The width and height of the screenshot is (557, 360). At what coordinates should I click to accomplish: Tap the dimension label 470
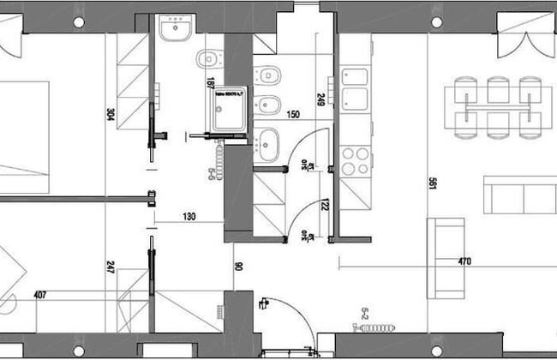pyautogui.click(x=464, y=261)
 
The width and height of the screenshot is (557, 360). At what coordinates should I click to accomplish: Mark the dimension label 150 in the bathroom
pyautogui.click(x=293, y=114)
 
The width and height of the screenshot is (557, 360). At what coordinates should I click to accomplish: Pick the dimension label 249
pyautogui.click(x=320, y=99)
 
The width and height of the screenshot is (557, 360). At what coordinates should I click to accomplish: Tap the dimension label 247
pyautogui.click(x=110, y=267)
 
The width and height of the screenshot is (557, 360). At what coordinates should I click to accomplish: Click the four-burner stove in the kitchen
pyautogui.click(x=355, y=160)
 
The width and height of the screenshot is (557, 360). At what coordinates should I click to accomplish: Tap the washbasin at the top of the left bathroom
pyautogui.click(x=177, y=31)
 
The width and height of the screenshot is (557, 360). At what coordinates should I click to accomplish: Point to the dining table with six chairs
pyautogui.click(x=497, y=106)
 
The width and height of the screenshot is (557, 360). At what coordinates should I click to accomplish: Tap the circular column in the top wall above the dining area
pyautogui.click(x=437, y=21)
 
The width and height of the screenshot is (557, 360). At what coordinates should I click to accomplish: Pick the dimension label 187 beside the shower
pyautogui.click(x=210, y=85)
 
